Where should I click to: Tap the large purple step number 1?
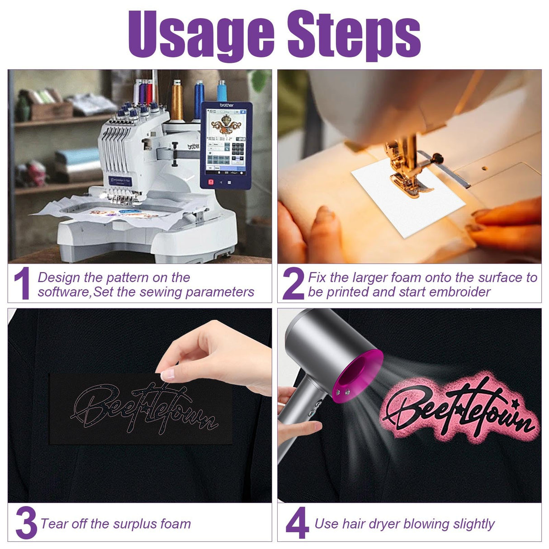pos(23,283)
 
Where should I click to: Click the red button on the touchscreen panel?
pos(211,182)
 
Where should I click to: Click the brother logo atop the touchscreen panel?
pos(227,105)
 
